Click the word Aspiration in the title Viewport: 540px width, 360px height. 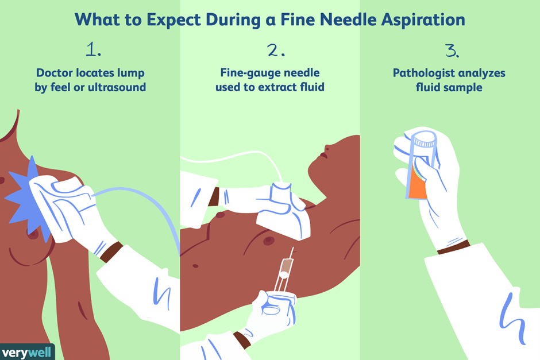pyautogui.click(x=423, y=20)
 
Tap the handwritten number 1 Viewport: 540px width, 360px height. pyautogui.click(x=93, y=49)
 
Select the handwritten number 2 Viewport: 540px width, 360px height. pyautogui.click(x=276, y=51)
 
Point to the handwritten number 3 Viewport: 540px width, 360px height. pyautogui.click(x=452, y=51)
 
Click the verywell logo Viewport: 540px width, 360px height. pyautogui.click(x=27, y=352)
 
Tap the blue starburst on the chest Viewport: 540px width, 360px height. pyautogui.click(x=28, y=198)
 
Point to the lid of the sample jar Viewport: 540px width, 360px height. pyautogui.click(x=425, y=140)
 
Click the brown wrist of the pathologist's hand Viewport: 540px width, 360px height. pyautogui.click(x=454, y=247)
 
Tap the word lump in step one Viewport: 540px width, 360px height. pyautogui.click(x=130, y=73)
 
